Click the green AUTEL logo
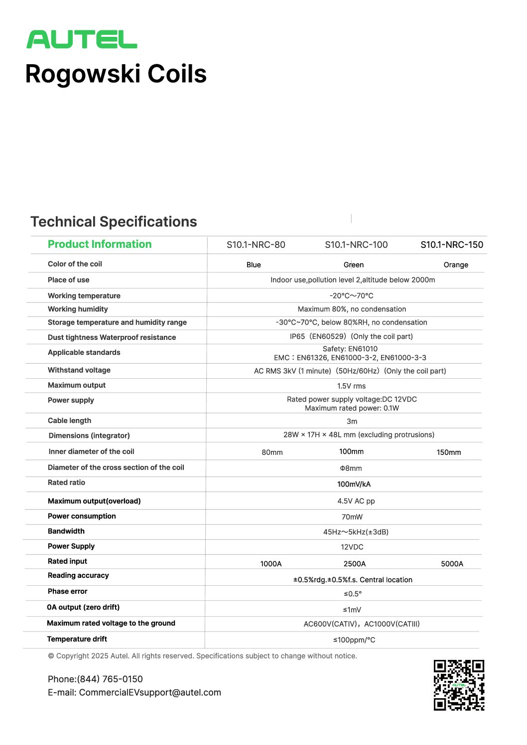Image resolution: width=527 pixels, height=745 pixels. pos(82,40)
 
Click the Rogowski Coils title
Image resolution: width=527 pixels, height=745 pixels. pos(116,74)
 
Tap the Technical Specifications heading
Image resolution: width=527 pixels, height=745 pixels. pos(114,221)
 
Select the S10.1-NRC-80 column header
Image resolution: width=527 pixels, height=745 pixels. pos(256,245)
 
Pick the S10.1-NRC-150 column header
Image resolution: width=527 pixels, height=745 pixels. pos(451,245)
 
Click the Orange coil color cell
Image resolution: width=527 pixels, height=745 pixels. pos(456,265)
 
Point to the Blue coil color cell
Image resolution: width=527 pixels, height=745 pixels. pos(254,265)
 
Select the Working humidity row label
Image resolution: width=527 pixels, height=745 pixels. pos(78,309)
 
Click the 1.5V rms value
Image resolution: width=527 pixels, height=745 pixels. pos(351,386)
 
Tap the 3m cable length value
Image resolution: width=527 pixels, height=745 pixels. pos(352,422)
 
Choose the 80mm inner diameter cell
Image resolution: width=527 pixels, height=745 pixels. pos(272,452)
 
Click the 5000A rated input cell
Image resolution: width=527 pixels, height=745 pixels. pos(452,564)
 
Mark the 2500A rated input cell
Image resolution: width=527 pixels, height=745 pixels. pos(354,564)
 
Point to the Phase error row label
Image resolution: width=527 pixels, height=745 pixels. pos(67,591)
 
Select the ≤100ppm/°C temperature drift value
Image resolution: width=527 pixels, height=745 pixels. pos(354,640)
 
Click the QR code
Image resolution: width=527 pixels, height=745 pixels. pos(459,685)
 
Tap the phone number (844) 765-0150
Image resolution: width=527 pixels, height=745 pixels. pos(110,679)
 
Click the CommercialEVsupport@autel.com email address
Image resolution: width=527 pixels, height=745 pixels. pos(150,693)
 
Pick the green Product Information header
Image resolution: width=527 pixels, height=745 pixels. pos(100,244)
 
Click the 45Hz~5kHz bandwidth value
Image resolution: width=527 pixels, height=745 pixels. pos(356,532)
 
